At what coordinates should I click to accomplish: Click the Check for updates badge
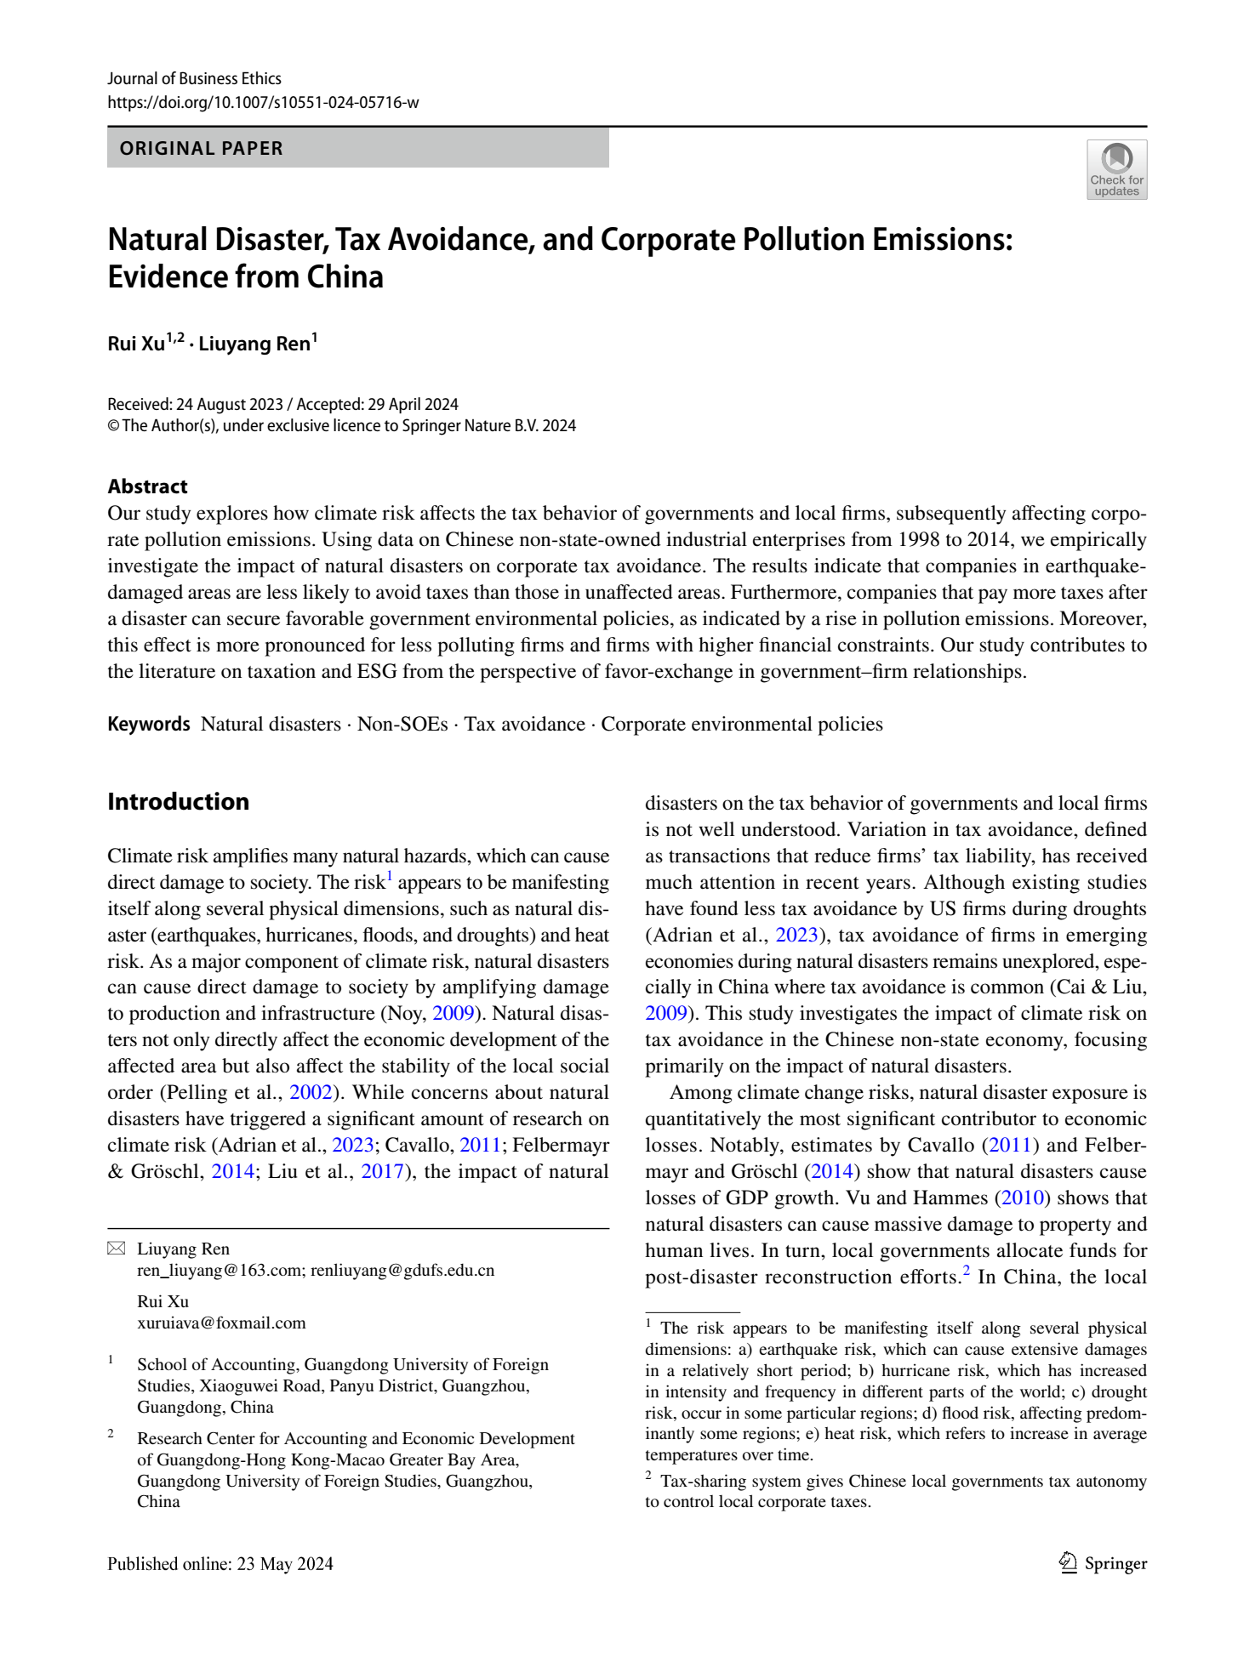pos(1116,170)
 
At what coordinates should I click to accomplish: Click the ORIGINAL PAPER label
pos(202,149)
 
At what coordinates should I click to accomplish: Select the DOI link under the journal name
pos(263,103)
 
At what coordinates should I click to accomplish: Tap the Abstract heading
pos(147,486)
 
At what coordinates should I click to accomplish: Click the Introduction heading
pos(178,802)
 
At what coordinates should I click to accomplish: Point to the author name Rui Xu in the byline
pos(136,344)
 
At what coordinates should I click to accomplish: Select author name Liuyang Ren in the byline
pos(254,344)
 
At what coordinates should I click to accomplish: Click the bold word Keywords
pos(149,725)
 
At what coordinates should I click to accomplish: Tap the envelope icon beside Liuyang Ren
pos(117,1249)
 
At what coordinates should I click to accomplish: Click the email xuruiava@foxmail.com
pos(221,1323)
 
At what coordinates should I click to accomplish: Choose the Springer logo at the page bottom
pos(1103,1563)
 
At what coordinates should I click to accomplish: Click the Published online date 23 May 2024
pos(285,1564)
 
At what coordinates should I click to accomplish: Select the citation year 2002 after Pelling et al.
pos(311,1093)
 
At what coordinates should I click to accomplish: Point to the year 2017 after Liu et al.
pos(382,1172)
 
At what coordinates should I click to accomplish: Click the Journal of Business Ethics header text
pos(194,79)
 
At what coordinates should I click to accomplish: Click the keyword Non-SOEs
pos(402,725)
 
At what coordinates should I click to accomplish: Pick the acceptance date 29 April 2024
pos(413,405)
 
